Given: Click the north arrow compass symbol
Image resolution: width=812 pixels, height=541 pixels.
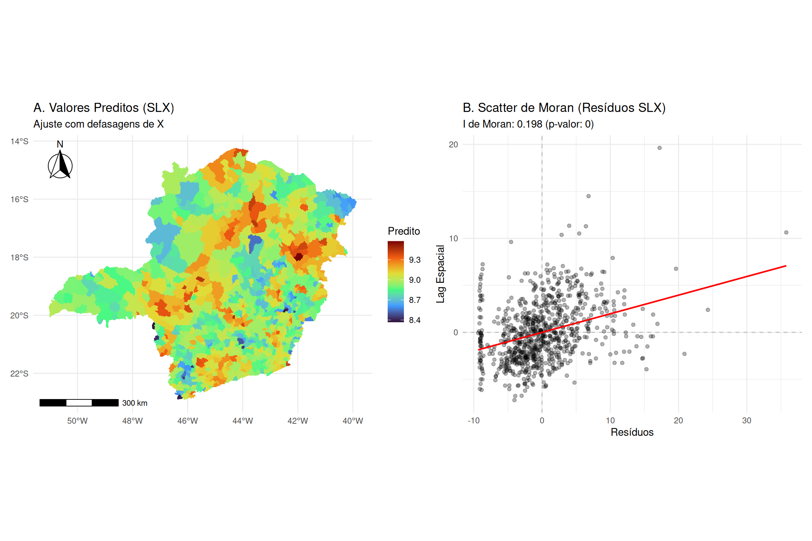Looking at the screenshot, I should [60, 164].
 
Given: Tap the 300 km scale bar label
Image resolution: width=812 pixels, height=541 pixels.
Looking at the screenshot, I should [135, 403].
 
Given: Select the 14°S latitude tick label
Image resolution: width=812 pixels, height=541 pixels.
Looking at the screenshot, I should [19, 141].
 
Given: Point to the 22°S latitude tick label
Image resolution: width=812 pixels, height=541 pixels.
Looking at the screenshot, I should [19, 373].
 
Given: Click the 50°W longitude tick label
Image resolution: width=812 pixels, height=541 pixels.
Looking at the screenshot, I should [78, 421].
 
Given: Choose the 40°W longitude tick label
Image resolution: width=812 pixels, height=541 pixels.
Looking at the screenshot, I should [353, 421].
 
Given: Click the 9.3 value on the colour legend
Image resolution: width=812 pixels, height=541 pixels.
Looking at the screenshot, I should [415, 260].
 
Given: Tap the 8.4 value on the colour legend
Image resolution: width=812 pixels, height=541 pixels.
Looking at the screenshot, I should [415, 320].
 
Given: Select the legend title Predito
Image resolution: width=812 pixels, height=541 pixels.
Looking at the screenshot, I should [404, 231].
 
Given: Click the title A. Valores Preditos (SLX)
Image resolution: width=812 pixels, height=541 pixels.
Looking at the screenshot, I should [104, 108].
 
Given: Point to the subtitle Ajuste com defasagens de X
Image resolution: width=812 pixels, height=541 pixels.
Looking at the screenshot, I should [99, 124].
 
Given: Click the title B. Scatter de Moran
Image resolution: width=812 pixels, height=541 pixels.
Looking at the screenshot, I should [564, 108].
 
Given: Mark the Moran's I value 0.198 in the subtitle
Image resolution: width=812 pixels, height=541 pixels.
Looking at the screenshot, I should [530, 124].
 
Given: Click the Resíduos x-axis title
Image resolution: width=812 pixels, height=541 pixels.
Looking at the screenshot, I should [632, 432].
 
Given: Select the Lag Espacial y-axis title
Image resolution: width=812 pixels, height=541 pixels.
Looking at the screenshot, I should [441, 274].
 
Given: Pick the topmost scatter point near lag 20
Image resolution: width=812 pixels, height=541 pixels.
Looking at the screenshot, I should [659, 148].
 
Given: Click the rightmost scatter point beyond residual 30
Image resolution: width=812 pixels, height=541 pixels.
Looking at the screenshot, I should [786, 232].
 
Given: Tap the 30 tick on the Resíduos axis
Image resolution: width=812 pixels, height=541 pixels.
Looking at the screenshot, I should [746, 421].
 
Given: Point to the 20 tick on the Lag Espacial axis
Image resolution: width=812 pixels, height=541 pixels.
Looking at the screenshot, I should [453, 144].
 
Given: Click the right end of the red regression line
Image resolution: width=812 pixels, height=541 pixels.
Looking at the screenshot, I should [786, 266].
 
